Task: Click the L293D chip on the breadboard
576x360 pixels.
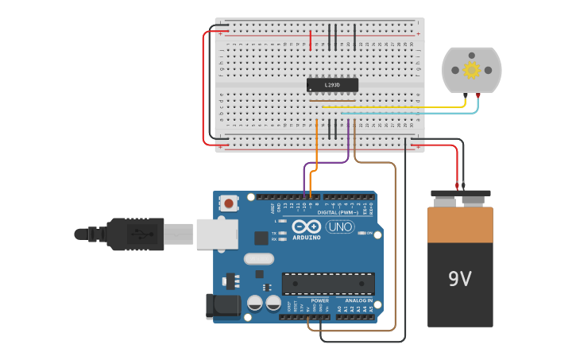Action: [332, 85]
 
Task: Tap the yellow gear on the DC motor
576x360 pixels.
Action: [471, 70]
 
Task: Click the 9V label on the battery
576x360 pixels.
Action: [459, 279]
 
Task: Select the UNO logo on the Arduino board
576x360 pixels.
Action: [340, 227]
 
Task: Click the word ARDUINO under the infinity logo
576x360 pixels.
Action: [306, 237]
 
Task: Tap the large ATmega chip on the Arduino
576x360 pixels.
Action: [328, 283]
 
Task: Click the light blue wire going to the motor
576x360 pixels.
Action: [413, 113]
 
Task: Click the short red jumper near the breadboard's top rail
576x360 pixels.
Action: [311, 39]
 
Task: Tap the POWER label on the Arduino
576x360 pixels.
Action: [319, 301]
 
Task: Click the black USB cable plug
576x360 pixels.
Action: [135, 234]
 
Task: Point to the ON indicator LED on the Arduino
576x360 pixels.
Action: [362, 233]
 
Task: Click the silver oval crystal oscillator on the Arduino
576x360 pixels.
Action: [258, 258]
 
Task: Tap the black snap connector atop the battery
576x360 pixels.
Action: [460, 197]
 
